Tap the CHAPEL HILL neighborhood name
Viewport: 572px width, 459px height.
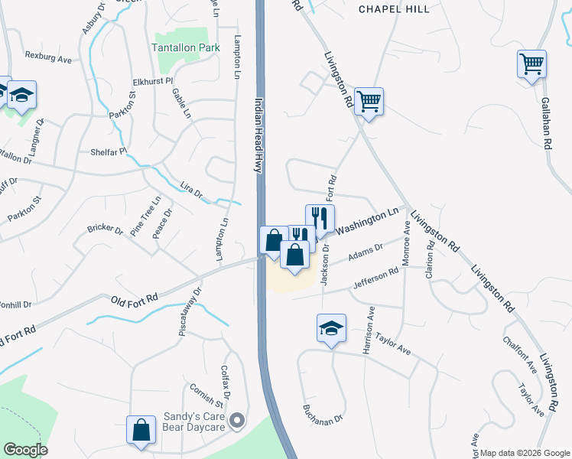coord(390,8)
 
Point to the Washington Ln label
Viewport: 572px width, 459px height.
coord(369,223)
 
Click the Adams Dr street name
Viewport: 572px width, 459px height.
coord(365,257)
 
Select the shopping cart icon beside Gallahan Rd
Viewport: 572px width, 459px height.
coord(531,64)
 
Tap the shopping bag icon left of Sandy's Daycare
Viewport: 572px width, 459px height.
coord(141,429)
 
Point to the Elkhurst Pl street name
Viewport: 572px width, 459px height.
coord(154,80)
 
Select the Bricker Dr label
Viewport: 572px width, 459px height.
coord(105,228)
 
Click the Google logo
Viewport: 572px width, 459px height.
coord(24,450)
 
